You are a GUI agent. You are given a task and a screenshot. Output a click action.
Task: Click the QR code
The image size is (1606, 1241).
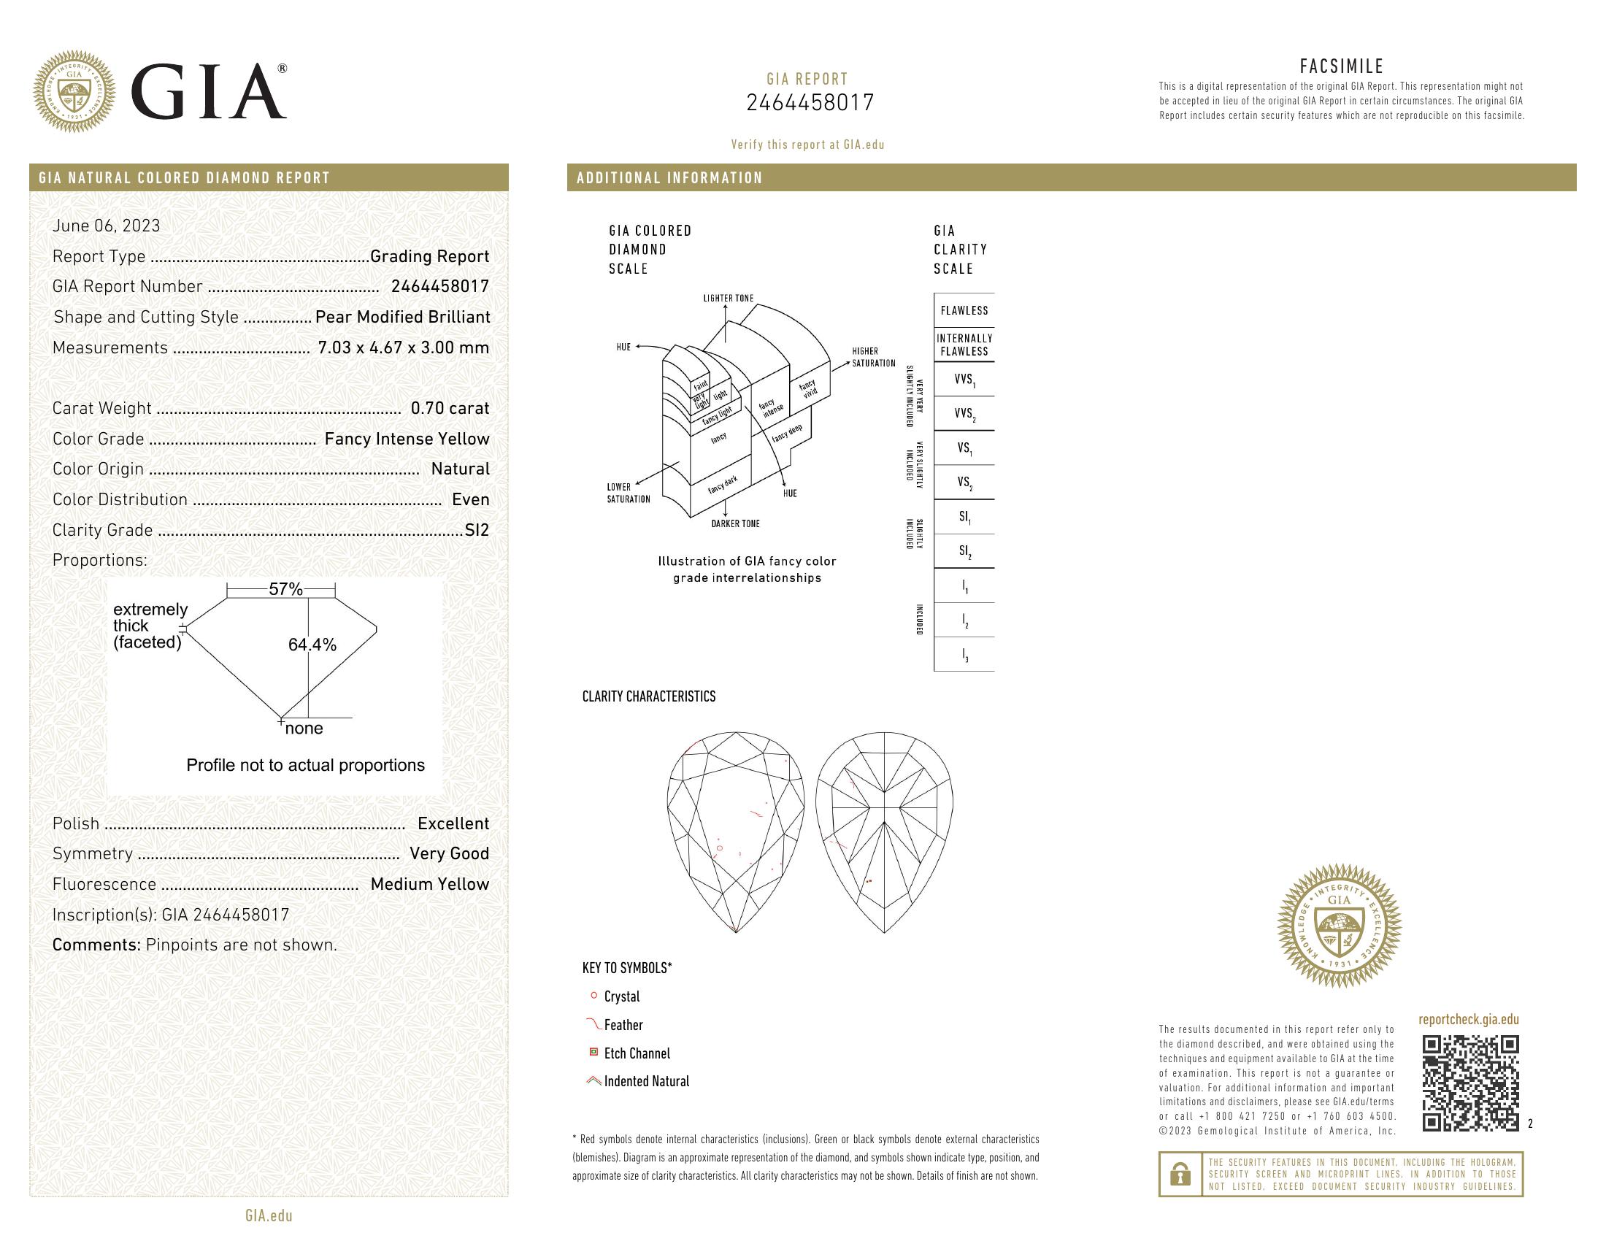(1470, 1083)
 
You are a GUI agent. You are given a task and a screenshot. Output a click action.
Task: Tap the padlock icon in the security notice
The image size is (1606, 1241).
(1180, 1174)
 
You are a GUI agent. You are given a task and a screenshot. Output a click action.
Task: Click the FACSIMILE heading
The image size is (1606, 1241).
(1341, 67)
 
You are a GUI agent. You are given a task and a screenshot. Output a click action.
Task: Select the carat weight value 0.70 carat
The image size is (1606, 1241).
(449, 408)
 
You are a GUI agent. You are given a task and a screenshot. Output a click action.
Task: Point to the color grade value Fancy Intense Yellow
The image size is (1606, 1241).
(407, 439)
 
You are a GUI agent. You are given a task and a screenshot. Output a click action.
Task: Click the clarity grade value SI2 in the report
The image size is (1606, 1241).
(477, 530)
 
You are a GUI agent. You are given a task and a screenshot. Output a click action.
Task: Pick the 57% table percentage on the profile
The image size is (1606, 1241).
(285, 589)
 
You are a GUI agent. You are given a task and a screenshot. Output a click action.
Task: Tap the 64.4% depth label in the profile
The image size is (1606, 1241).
(312, 645)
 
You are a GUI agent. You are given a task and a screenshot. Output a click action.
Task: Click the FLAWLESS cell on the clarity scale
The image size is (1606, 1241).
(964, 310)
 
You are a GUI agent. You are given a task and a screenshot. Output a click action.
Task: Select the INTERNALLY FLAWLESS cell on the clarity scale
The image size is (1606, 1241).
(964, 345)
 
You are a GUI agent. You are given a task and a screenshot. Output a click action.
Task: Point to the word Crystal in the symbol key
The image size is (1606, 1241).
(621, 997)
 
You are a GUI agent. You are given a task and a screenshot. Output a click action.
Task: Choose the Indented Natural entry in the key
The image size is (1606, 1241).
(646, 1081)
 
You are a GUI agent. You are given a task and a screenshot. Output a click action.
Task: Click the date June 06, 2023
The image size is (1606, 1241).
(106, 226)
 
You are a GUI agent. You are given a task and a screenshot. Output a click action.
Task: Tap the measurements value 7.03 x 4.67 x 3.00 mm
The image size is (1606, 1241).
(403, 347)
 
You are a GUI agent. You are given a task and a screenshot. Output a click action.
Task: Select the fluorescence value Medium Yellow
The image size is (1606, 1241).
(429, 885)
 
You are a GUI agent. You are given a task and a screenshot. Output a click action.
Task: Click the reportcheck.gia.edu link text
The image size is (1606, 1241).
(1468, 1019)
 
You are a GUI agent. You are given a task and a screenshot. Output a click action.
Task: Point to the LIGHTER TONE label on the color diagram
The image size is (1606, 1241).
(728, 299)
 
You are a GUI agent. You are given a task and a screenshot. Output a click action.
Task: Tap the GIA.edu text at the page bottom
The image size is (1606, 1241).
(269, 1216)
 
